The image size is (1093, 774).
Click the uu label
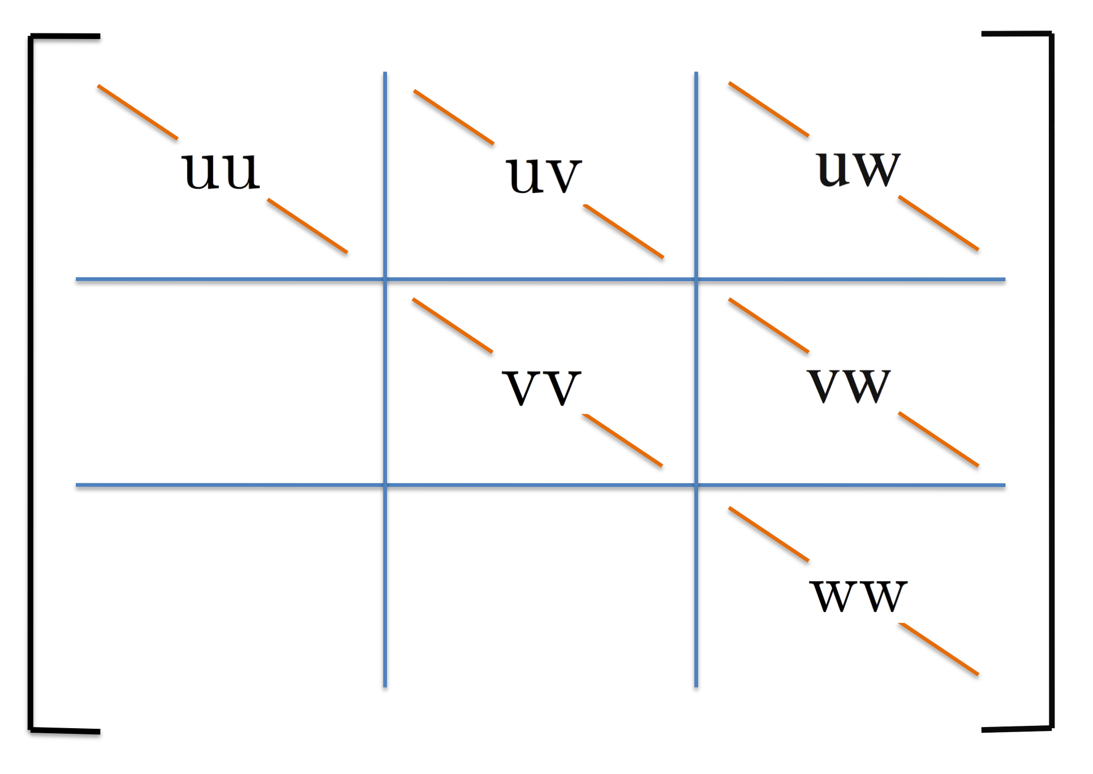pyautogui.click(x=221, y=171)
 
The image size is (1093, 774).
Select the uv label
pyautogui.click(x=544, y=175)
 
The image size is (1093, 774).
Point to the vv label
pyautogui.click(x=541, y=388)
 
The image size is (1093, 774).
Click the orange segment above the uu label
pyautogui.click(x=137, y=111)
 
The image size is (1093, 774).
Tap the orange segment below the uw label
pyautogui.click(x=939, y=223)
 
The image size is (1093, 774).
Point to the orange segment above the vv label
pyautogui.click(x=453, y=325)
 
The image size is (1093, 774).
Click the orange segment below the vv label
pyautogui.click(x=622, y=440)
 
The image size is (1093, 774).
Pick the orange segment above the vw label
pyautogui.click(x=769, y=325)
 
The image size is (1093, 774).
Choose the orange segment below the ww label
pyautogui.click(x=939, y=649)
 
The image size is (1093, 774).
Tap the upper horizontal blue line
pyautogui.click(x=226, y=279)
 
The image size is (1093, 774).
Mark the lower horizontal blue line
pyautogui.click(x=226, y=485)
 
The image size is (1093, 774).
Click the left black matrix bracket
pyautogui.click(x=31, y=385)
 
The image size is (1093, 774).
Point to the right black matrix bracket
pyautogui.click(x=1051, y=385)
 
